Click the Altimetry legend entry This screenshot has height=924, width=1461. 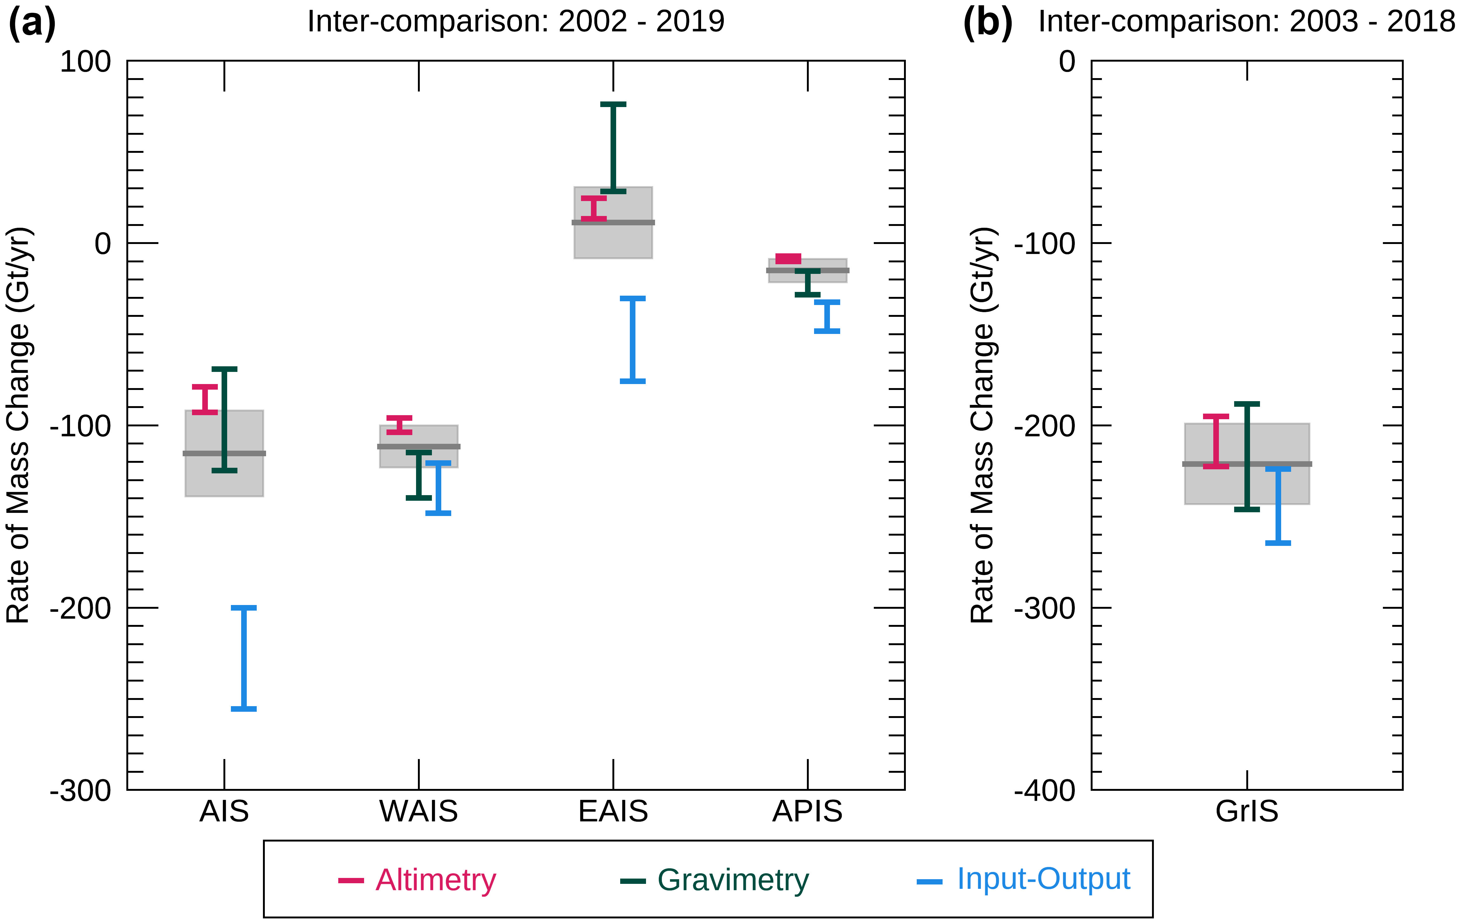pyautogui.click(x=417, y=880)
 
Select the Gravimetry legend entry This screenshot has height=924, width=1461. pyautogui.click(x=714, y=880)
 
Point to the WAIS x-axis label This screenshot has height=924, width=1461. pyautogui.click(x=419, y=811)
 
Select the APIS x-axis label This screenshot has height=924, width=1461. pyautogui.click(x=808, y=811)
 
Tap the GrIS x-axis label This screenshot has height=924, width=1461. pyautogui.click(x=1247, y=811)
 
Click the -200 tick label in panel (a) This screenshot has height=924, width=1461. pyautogui.click(x=81, y=608)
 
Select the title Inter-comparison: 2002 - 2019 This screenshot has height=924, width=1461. pyautogui.click(x=516, y=21)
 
